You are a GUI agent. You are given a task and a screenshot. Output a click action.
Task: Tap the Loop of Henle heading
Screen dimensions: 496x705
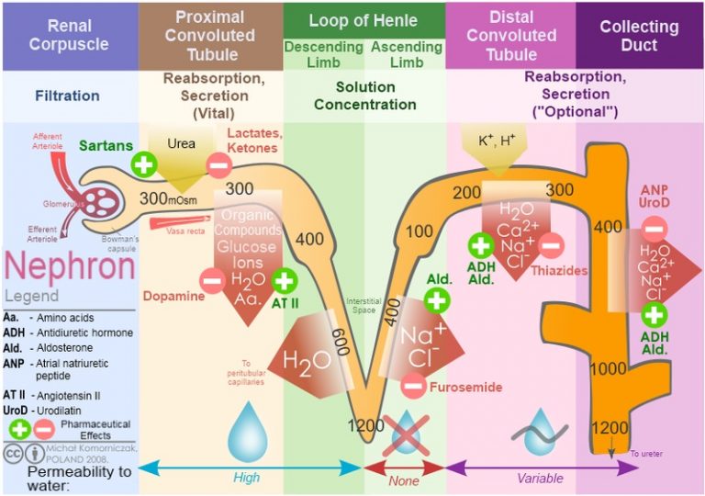[364, 20]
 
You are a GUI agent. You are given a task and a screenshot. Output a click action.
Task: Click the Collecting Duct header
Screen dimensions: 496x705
[639, 35]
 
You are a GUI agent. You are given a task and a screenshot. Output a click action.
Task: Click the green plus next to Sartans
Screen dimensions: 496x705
[143, 165]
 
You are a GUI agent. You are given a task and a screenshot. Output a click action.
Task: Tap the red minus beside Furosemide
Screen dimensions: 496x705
[413, 387]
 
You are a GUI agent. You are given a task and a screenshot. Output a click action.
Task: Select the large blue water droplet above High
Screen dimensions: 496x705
[247, 432]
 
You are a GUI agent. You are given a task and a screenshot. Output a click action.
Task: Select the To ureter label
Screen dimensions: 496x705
[645, 453]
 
